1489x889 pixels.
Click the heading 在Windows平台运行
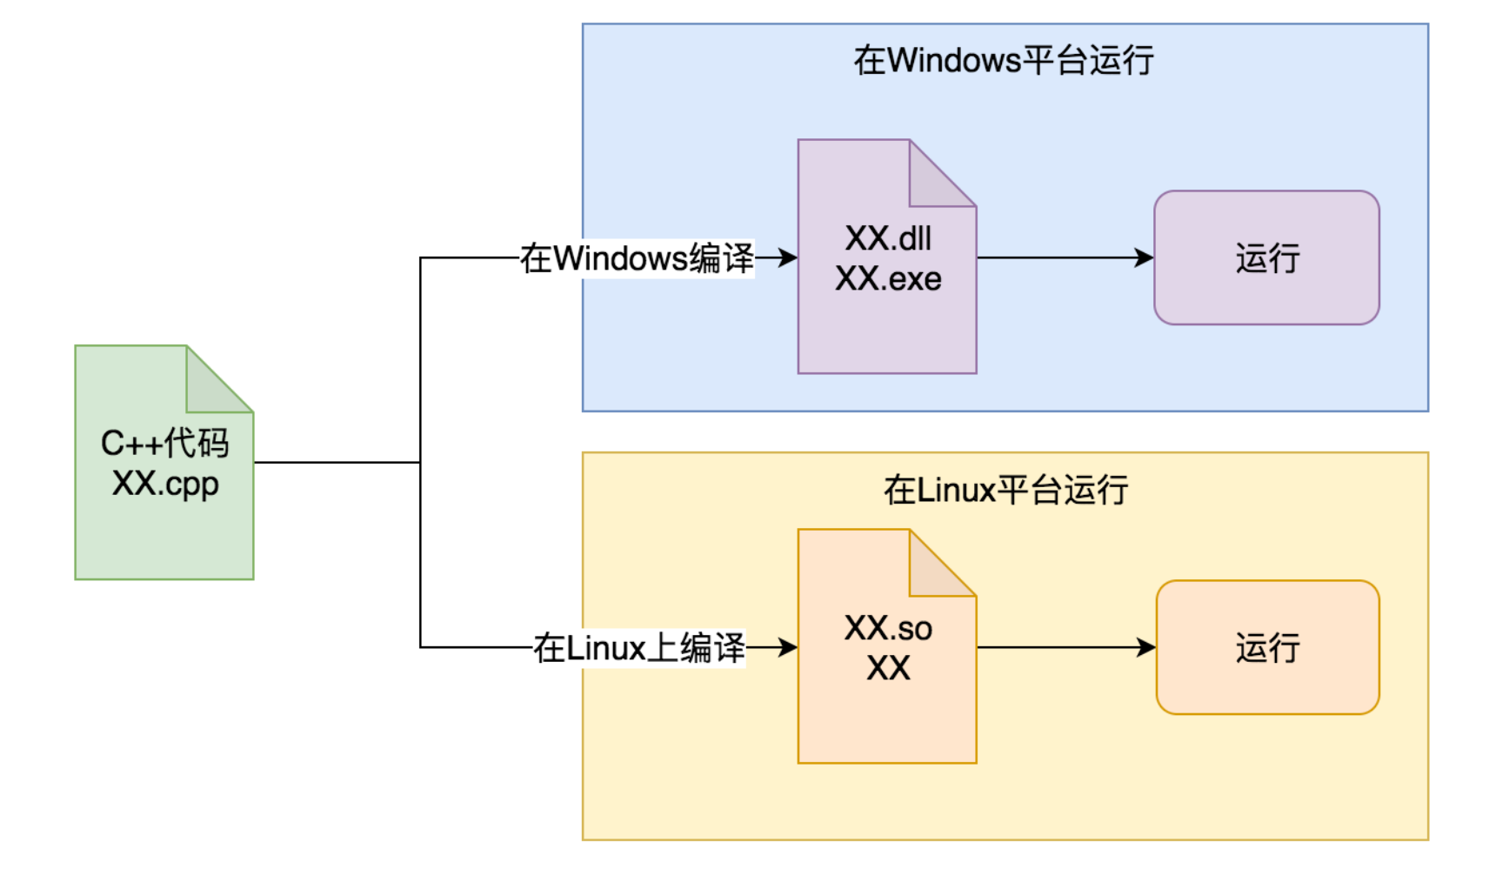(1003, 61)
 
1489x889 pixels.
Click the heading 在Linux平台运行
(1005, 491)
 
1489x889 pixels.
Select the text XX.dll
(888, 238)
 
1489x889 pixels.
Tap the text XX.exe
(888, 279)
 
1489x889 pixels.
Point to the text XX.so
(888, 628)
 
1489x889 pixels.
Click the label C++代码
(164, 444)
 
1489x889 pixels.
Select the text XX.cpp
(164, 484)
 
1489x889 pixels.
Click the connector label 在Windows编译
(637, 258)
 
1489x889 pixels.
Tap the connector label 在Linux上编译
(639, 648)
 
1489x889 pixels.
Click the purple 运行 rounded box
(1266, 258)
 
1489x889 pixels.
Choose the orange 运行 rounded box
(1267, 648)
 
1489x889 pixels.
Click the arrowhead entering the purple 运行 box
(1145, 257)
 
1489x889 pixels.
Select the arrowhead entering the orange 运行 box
(1146, 647)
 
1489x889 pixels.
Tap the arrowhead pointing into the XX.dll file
(788, 257)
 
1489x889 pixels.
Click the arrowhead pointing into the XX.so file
(788, 647)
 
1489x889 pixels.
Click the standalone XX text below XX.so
(888, 669)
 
